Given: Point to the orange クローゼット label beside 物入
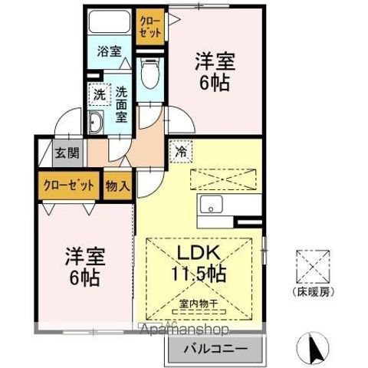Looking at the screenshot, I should [x=68, y=186].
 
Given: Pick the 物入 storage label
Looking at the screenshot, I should [x=117, y=186].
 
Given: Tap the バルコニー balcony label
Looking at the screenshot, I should [x=215, y=350].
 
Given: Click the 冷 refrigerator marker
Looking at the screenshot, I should [x=181, y=153].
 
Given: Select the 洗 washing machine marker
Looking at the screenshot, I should [x=99, y=95].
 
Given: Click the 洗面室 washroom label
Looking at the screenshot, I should [x=121, y=103].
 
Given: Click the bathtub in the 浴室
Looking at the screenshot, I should [x=108, y=24].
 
